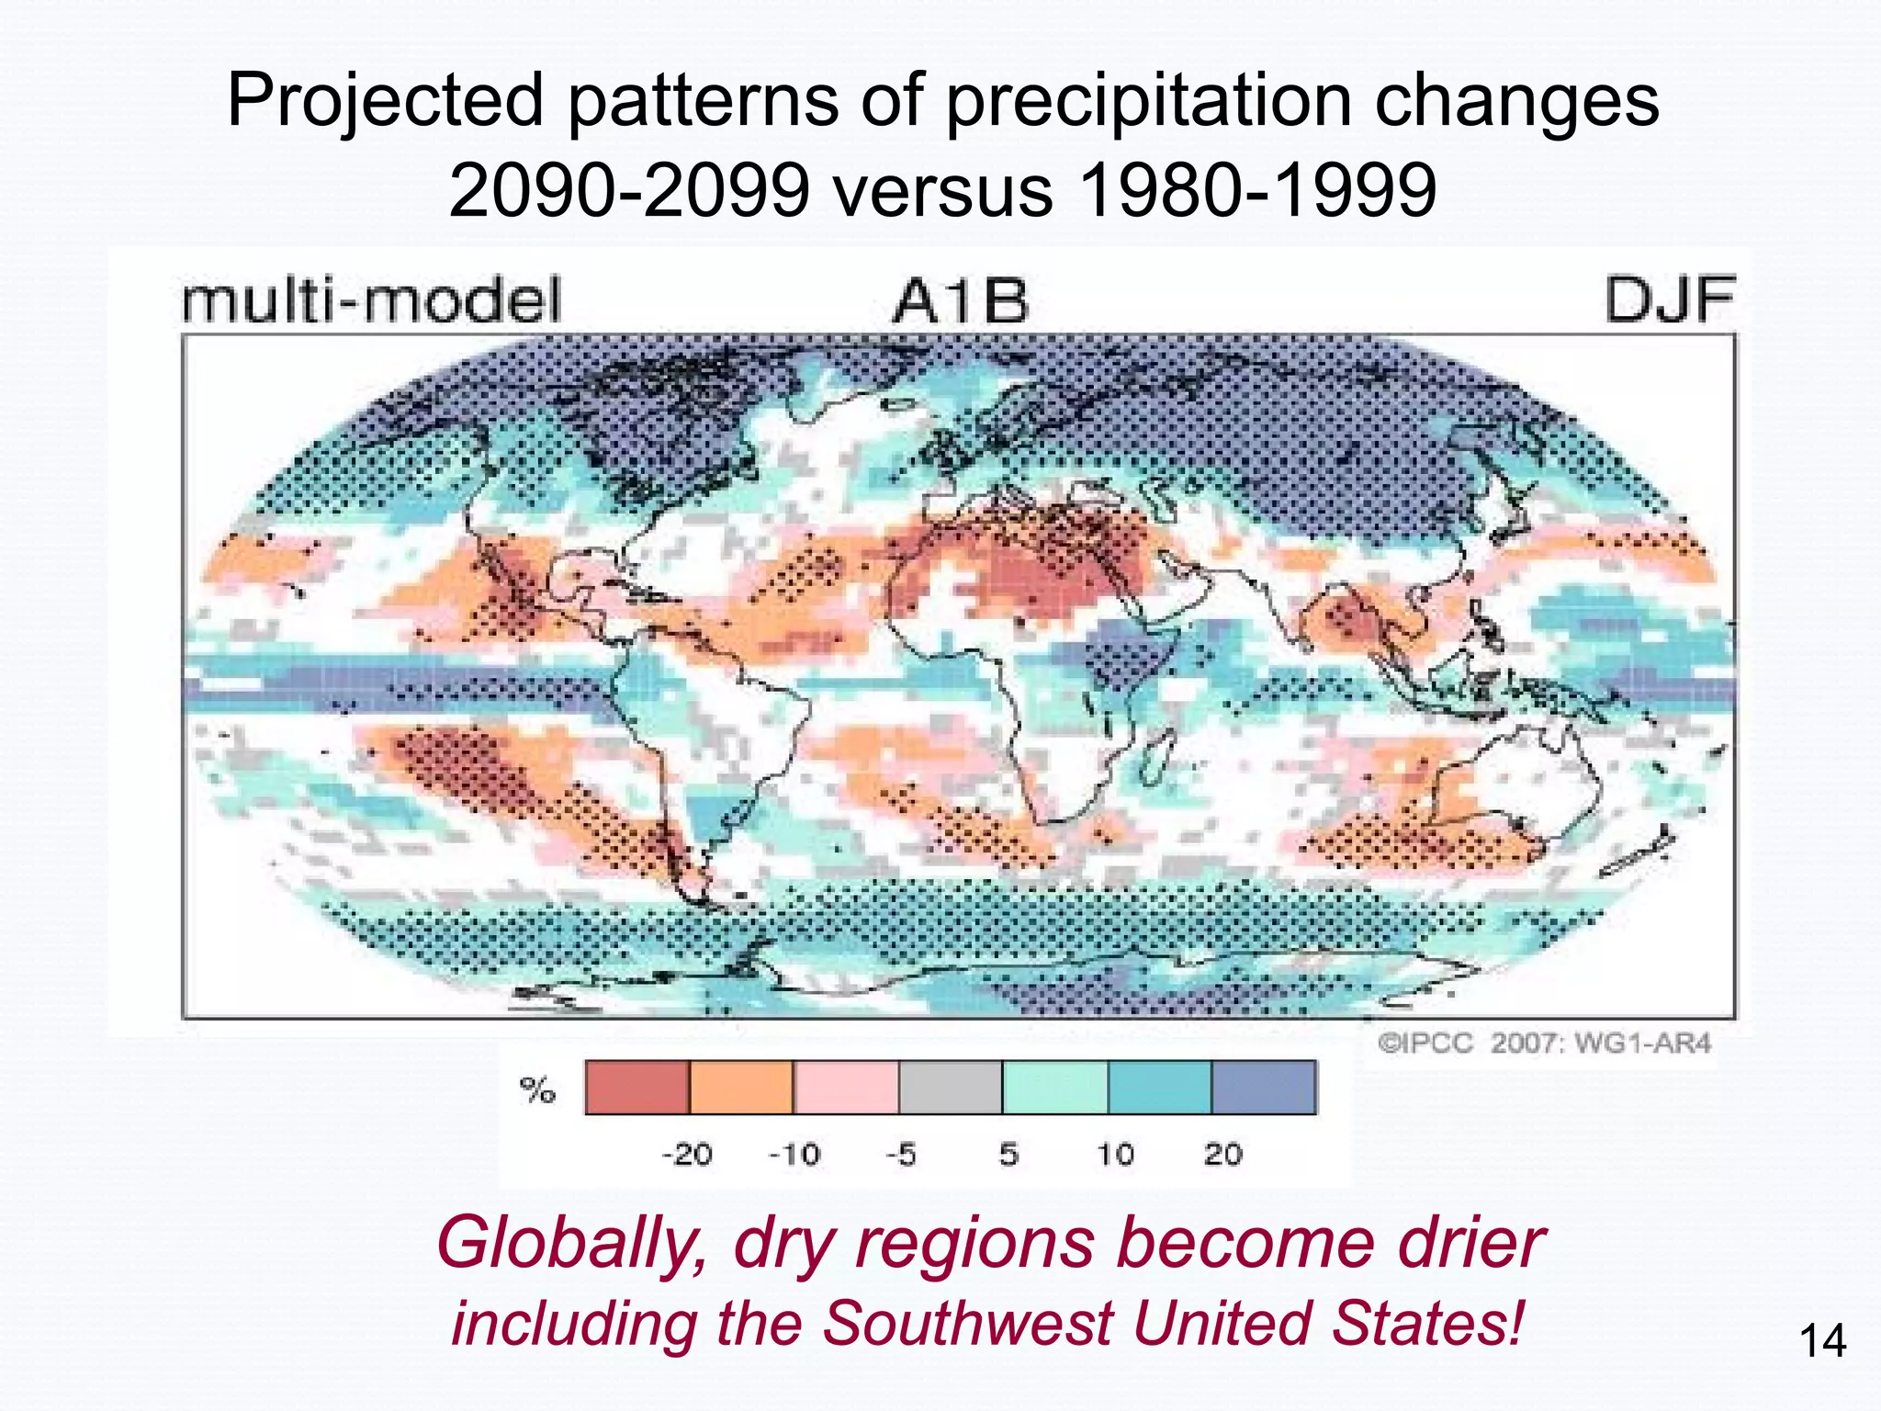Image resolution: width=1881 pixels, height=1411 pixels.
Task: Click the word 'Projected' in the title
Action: pos(386,101)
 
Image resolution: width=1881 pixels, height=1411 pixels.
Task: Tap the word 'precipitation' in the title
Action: pos(1148,101)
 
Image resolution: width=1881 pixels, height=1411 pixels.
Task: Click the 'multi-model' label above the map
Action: pos(371,300)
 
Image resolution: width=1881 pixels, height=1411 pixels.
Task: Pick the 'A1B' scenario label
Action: pos(960,302)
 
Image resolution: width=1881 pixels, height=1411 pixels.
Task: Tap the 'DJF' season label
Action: pos(1669,300)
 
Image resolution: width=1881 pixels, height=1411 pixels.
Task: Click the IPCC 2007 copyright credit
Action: pos(1544,1044)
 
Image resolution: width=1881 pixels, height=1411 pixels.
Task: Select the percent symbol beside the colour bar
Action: pos(537,1089)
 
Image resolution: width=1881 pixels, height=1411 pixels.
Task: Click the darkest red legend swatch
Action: pos(636,1088)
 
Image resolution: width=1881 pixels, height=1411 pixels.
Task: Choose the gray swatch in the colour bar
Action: pos(951,1088)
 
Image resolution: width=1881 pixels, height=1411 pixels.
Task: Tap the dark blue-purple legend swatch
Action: pos(1265,1088)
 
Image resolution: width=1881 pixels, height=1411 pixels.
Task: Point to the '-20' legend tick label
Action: pos(686,1154)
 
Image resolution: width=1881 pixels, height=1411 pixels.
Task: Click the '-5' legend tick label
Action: pos(901,1154)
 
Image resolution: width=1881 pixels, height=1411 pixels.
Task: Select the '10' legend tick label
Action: pos(1115,1154)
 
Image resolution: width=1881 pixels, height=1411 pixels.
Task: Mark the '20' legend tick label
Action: pos(1222,1154)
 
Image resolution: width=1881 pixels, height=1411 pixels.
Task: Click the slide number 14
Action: pos(1822,1342)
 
